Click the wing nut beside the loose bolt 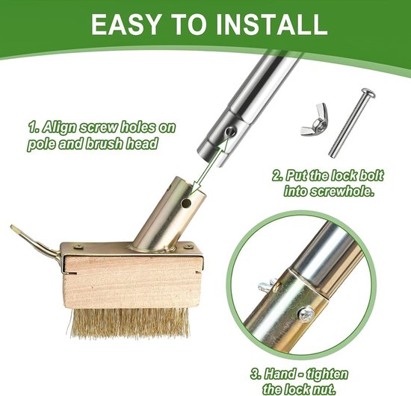click(315, 119)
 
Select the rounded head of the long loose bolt click(368, 93)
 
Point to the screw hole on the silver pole click(231, 131)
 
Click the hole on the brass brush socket click(186, 202)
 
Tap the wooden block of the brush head click(132, 282)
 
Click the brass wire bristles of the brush click(130, 323)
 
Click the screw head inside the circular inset click(306, 313)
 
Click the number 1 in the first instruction click(32, 128)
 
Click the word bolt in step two click(370, 175)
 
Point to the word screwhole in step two click(342, 191)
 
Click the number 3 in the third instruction click(255, 374)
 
